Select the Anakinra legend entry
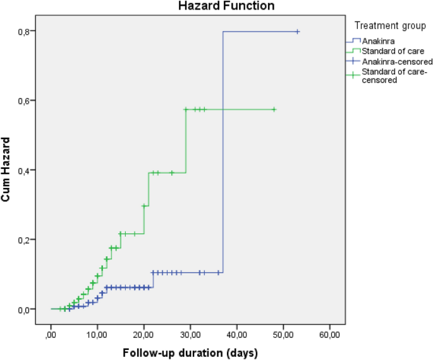(377, 41)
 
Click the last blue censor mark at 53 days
(297, 31)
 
